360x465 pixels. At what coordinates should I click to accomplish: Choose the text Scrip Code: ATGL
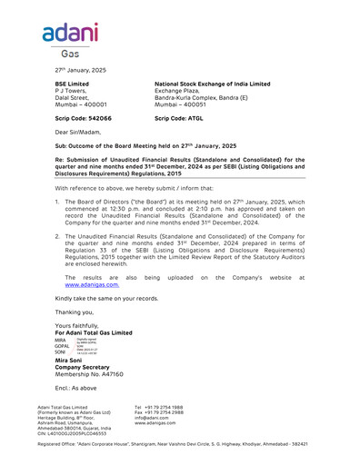[180, 119]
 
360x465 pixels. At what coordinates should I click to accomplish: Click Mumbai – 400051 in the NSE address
[183, 105]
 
